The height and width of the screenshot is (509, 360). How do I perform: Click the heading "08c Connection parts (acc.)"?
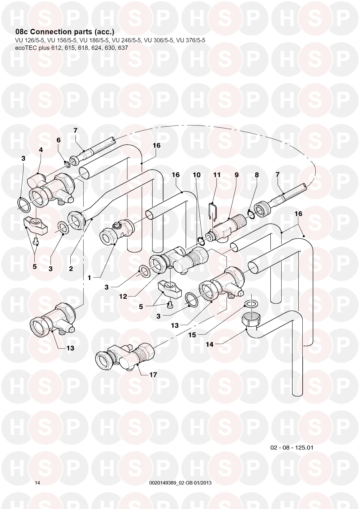click(65, 32)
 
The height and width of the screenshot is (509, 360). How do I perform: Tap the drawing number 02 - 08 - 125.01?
click(292, 448)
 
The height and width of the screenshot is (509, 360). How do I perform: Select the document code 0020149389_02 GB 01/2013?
click(180, 483)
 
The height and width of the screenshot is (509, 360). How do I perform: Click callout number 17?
click(153, 375)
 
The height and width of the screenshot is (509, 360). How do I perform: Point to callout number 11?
click(217, 175)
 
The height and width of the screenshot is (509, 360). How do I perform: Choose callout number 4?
click(41, 150)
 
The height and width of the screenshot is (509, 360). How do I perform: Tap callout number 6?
click(59, 140)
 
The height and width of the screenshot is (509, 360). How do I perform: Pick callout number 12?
click(123, 296)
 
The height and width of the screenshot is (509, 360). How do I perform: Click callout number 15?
click(192, 335)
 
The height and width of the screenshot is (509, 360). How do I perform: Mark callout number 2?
click(71, 269)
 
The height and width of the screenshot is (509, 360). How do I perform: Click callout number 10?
click(197, 175)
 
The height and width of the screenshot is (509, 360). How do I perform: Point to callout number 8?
click(257, 175)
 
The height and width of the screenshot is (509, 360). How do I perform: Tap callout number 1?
click(89, 278)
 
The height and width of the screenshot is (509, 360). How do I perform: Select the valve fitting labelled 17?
click(125, 357)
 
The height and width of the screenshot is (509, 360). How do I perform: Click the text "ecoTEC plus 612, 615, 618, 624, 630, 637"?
click(71, 48)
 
